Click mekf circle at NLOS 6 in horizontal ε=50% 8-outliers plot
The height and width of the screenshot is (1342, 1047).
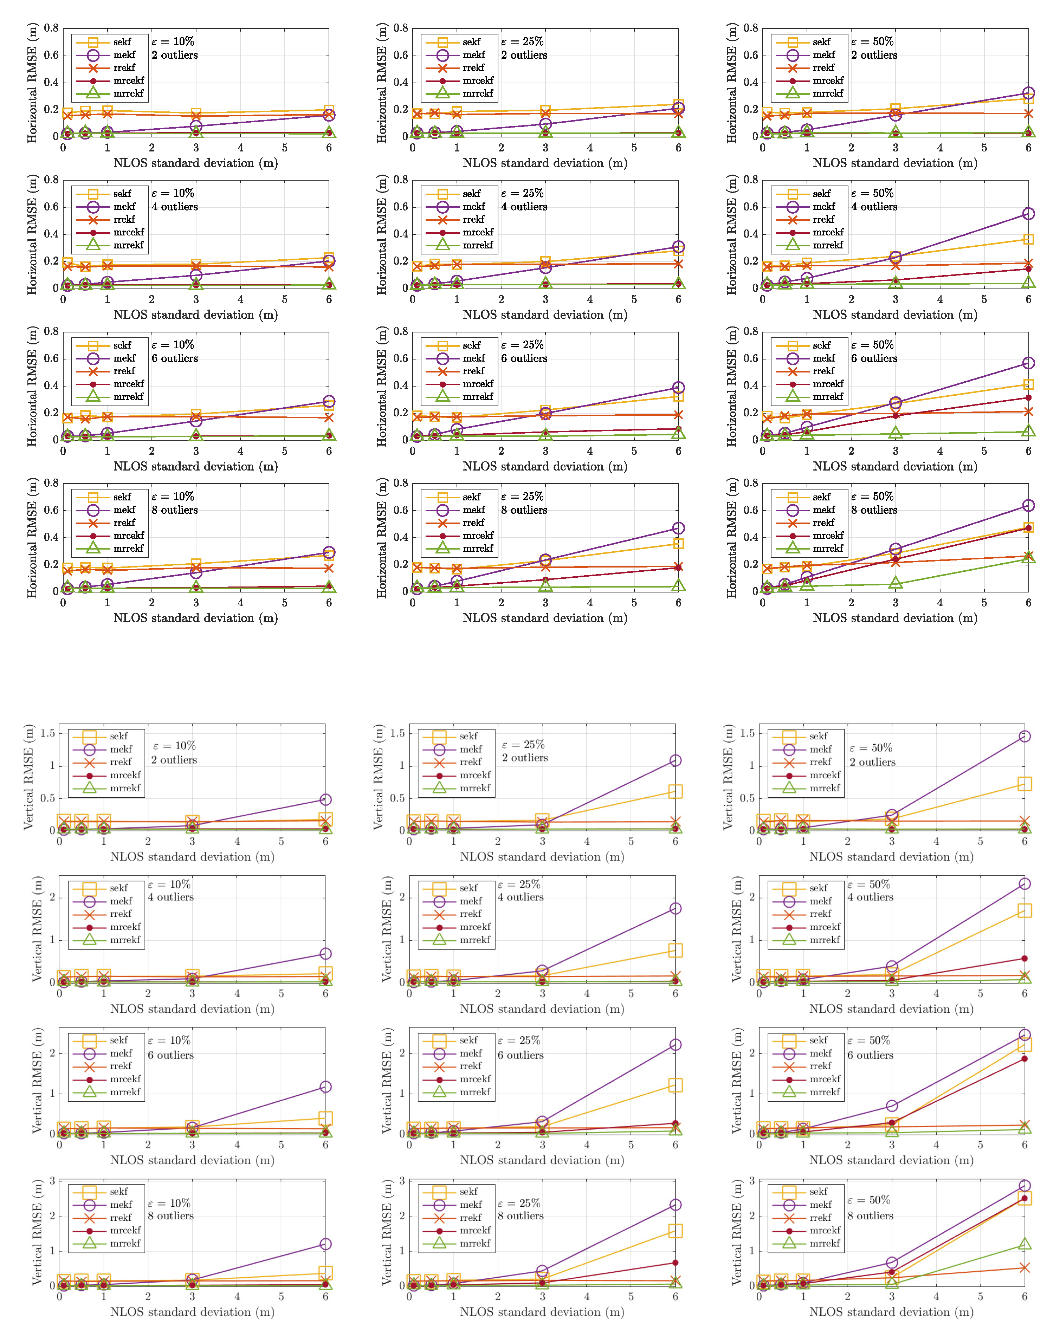[x=1028, y=505]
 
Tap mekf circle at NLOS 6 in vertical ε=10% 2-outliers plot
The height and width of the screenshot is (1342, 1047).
[x=326, y=799]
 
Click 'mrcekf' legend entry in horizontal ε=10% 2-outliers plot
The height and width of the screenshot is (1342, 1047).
[x=128, y=80]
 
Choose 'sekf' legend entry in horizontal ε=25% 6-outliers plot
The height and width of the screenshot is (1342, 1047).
[x=471, y=345]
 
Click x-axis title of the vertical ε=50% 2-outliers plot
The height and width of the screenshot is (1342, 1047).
[x=891, y=857]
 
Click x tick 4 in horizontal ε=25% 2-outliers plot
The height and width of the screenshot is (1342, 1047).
[x=589, y=148]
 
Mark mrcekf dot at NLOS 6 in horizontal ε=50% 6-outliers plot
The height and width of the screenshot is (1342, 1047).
[x=1028, y=397]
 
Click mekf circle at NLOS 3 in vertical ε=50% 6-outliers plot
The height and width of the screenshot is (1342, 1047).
[x=892, y=1106]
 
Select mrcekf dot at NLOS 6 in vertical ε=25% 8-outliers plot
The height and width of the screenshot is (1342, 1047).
[x=675, y=1263]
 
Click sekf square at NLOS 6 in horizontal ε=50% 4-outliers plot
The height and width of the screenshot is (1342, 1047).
[x=1028, y=239]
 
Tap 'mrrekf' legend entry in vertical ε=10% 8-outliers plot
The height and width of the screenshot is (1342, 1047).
[x=125, y=1243]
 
